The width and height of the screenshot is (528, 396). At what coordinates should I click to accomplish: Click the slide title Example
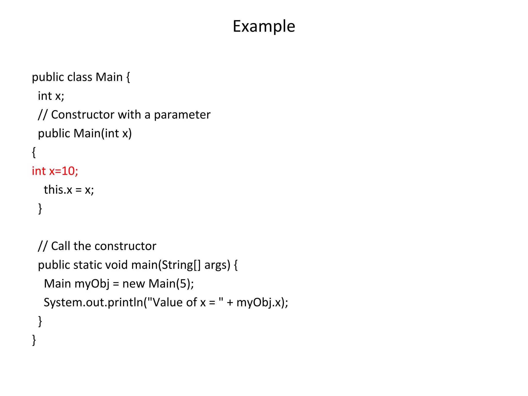pyautogui.click(x=264, y=26)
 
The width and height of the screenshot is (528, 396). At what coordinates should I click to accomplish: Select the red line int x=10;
pyautogui.click(x=55, y=171)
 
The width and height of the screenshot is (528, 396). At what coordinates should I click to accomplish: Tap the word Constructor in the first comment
pyautogui.click(x=82, y=115)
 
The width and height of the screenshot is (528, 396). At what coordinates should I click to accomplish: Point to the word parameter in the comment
pyautogui.click(x=182, y=115)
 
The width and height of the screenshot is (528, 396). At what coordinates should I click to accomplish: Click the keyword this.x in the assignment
pyautogui.click(x=58, y=190)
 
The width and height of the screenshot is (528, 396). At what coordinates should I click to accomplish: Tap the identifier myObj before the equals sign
pyautogui.click(x=92, y=284)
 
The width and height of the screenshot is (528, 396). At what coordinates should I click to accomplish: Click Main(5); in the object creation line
pyautogui.click(x=171, y=284)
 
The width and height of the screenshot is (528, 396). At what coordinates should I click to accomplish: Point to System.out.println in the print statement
pyautogui.click(x=93, y=302)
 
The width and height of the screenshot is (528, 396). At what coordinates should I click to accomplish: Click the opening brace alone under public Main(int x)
pyautogui.click(x=34, y=152)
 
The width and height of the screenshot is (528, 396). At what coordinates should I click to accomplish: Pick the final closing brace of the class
pyautogui.click(x=34, y=340)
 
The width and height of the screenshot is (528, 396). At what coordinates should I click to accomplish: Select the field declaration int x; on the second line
pyautogui.click(x=51, y=96)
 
